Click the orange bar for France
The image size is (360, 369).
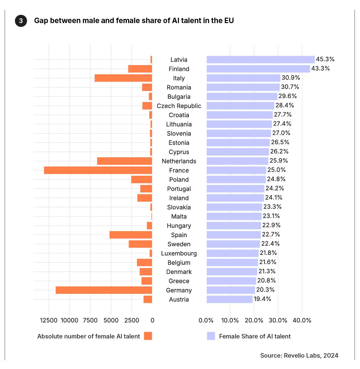click(98, 170)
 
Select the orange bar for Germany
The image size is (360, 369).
click(104, 290)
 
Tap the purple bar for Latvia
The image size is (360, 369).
click(260, 60)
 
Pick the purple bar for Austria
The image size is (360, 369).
click(230, 299)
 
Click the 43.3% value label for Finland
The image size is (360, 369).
click(320, 68)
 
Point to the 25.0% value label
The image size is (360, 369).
click(276, 170)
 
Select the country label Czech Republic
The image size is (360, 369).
click(179, 106)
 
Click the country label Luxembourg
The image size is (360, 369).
click(179, 253)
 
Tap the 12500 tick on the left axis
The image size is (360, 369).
click(49, 320)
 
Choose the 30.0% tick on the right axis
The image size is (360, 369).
click(278, 320)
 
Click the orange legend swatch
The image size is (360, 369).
click(148, 336)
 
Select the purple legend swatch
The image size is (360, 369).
click(211, 336)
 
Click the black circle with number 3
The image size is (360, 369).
click(21, 21)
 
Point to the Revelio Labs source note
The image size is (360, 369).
click(299, 356)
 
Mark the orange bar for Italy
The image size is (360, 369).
click(123, 78)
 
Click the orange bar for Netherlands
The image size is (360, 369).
click(124, 161)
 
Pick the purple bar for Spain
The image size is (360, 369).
click(234, 235)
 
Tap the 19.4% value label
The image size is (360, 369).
click(263, 299)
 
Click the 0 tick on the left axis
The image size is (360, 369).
click(152, 320)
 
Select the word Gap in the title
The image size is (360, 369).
click(41, 21)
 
